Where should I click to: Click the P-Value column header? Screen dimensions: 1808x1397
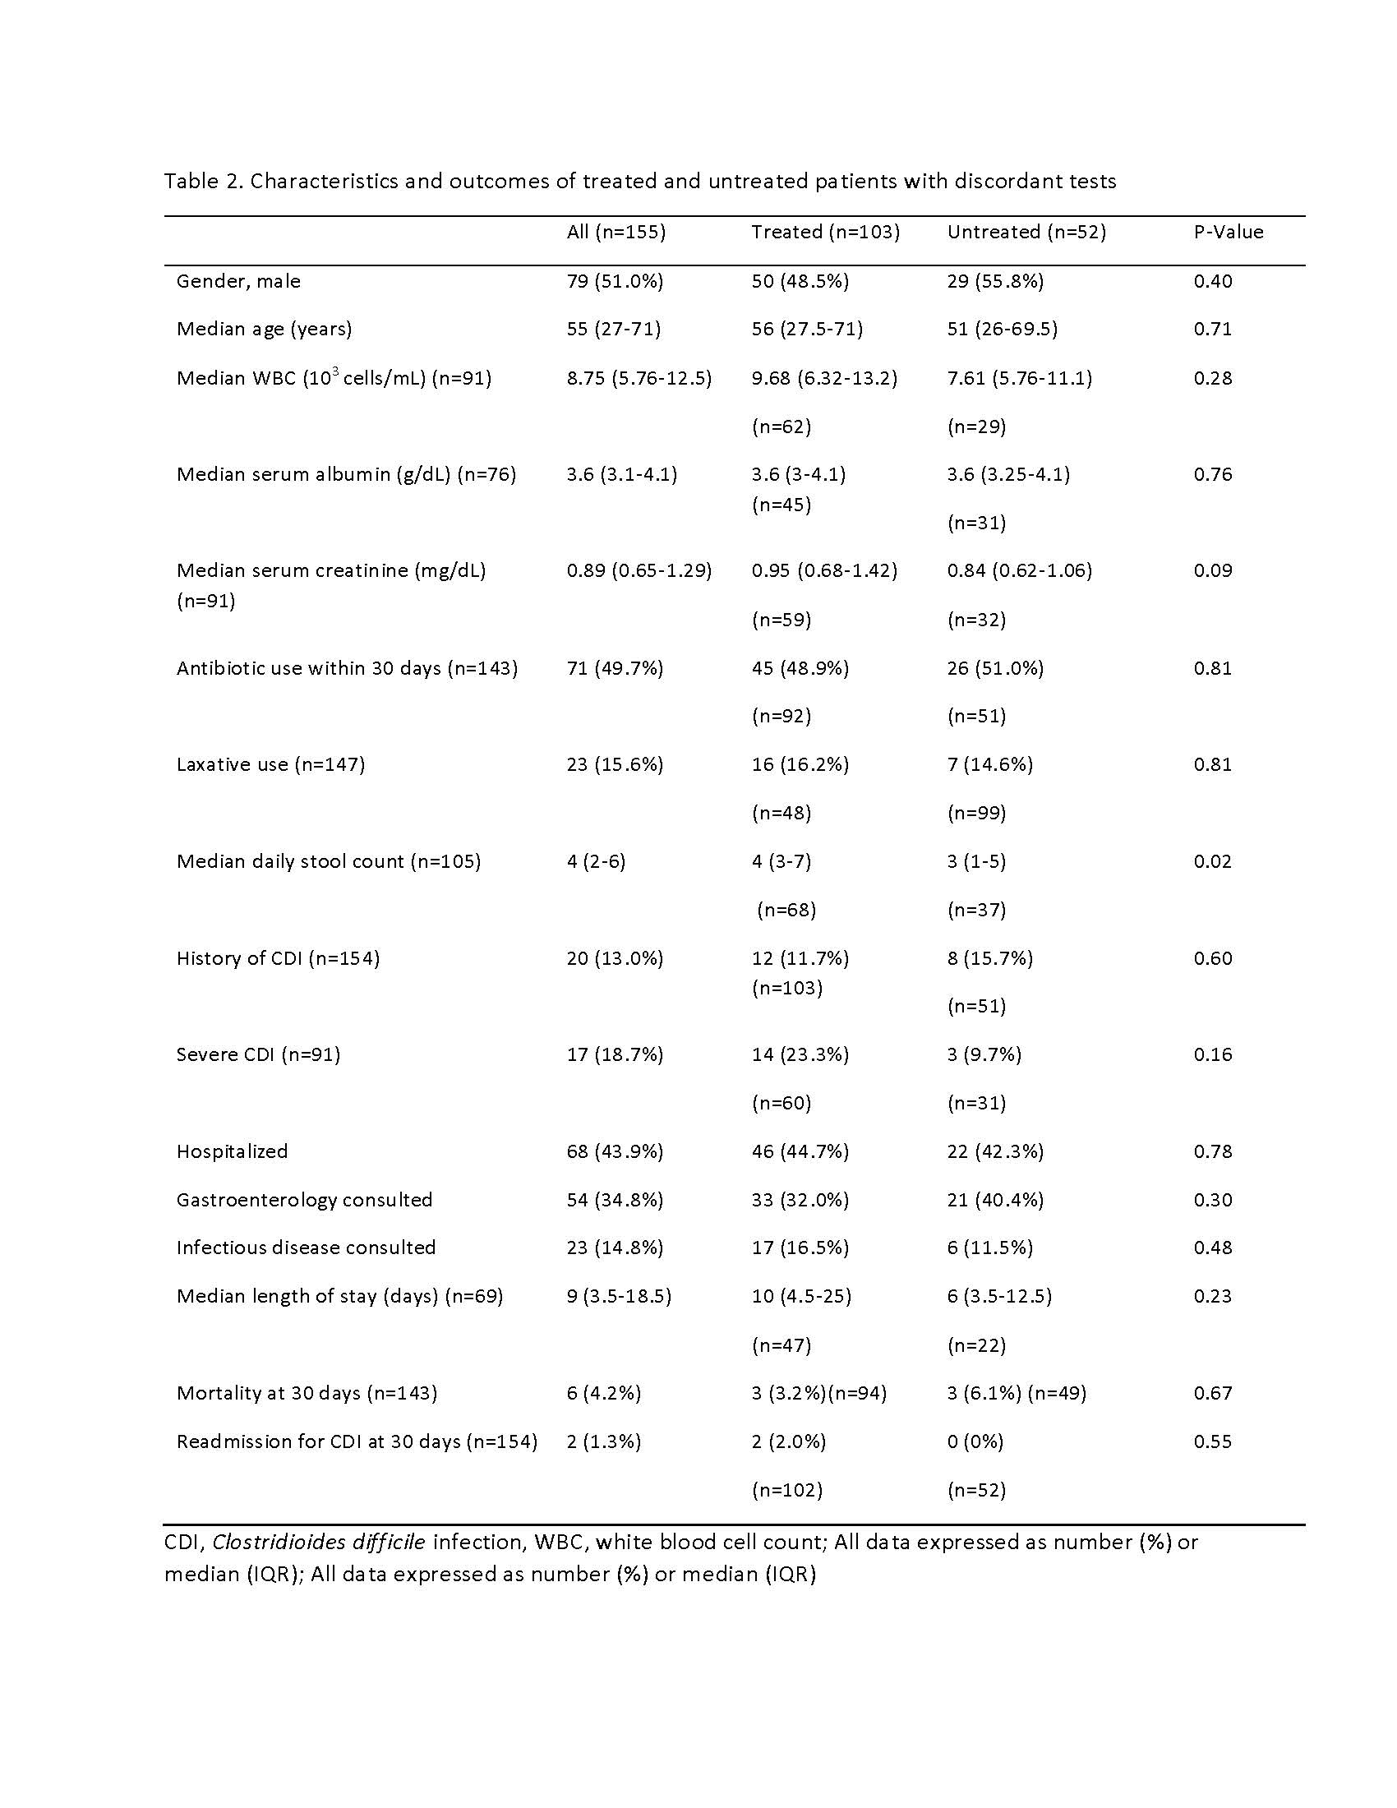[1228, 232]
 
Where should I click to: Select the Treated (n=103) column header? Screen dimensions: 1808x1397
[825, 232]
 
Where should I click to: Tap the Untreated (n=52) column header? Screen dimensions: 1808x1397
[1026, 232]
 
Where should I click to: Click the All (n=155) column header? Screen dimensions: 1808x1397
[616, 232]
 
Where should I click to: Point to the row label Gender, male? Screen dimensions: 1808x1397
[238, 281]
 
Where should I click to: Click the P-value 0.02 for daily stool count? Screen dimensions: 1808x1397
[1212, 861]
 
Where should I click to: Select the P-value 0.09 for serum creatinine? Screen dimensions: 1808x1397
[1212, 570]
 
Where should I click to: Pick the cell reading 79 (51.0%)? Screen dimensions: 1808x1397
[615, 281]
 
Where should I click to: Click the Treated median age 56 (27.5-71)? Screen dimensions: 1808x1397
[807, 329]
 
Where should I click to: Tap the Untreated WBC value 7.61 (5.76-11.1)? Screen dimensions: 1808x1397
[1020, 378]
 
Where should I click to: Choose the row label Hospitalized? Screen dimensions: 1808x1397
[232, 1151]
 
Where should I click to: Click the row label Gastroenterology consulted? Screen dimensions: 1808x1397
[304, 1200]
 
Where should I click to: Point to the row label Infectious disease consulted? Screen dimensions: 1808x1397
[306, 1248]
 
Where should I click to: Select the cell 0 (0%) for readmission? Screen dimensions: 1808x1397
[975, 1441]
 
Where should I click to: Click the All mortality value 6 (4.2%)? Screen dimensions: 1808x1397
[603, 1393]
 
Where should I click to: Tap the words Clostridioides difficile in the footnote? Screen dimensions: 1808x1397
[319, 1543]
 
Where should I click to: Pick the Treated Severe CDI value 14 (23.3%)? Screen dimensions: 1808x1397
[800, 1054]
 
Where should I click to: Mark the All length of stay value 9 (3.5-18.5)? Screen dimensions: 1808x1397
[618, 1295]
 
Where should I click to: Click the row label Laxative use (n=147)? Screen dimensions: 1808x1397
[270, 764]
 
